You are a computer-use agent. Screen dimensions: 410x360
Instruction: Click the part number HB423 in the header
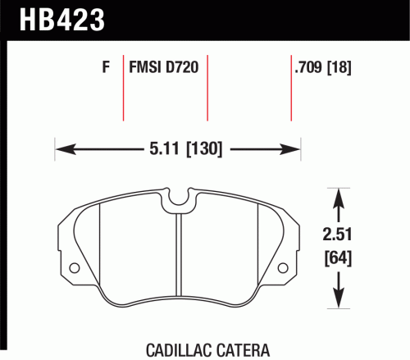coord(62,20)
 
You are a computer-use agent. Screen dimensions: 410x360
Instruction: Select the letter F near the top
coord(106,67)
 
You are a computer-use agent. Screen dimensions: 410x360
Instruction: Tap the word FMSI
coord(145,67)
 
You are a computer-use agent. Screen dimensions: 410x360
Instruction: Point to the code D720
coord(182,67)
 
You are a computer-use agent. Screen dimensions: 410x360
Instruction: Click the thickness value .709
coord(308,67)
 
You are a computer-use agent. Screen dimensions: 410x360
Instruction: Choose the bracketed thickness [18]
coord(339,67)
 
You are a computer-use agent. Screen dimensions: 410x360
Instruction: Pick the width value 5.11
coord(164,149)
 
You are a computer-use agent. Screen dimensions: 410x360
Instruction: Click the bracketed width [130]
coord(204,149)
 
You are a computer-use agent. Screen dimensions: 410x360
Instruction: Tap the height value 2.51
coord(337,235)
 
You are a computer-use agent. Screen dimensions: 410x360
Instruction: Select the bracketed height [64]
coord(338,258)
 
